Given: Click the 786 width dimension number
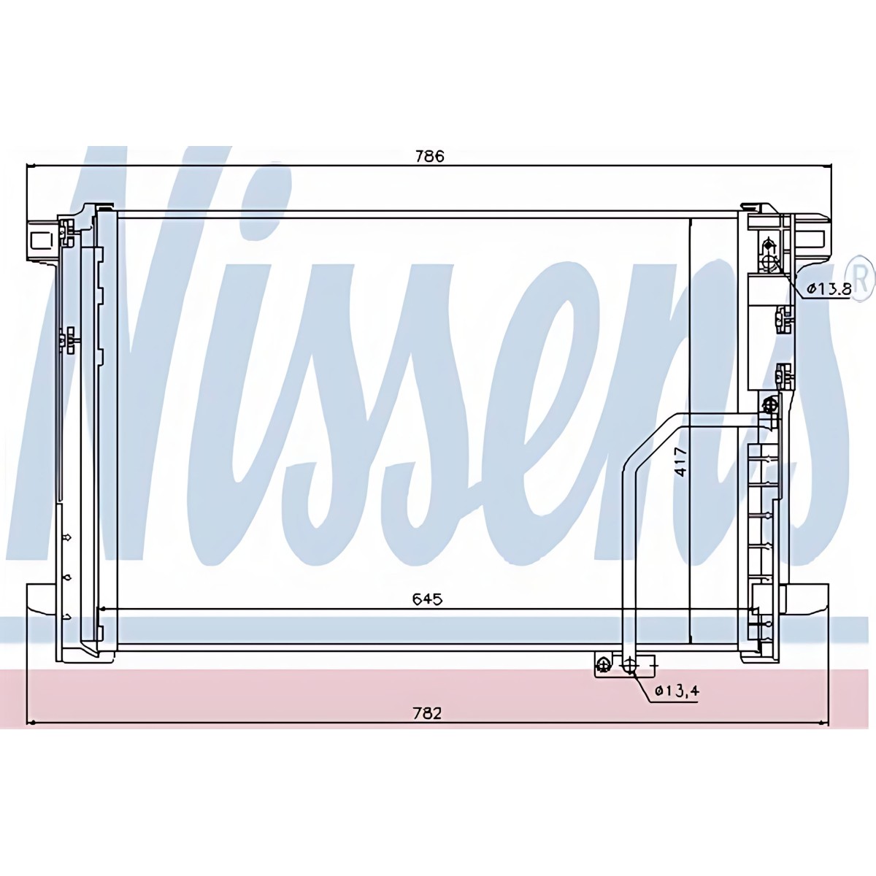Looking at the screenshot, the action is point(429,156).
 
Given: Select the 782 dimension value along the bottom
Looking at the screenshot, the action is point(427,713).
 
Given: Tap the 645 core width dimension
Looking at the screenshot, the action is point(427,599).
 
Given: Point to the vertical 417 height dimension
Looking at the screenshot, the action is point(680,462).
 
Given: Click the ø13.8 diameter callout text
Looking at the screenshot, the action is point(829,289).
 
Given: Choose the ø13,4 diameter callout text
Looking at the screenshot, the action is point(677,691).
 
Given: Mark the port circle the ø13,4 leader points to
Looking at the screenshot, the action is point(629,666).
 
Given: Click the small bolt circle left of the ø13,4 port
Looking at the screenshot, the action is point(604,666).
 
